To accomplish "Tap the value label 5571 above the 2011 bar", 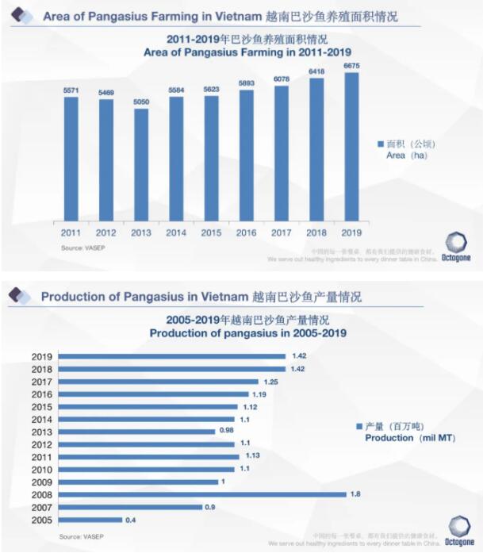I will pos(71,91).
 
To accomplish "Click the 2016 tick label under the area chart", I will pos(247,233).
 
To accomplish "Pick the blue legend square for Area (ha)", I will pos(380,144).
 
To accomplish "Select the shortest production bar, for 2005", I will pos(90,520).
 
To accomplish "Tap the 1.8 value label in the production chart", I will pos(355,494).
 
